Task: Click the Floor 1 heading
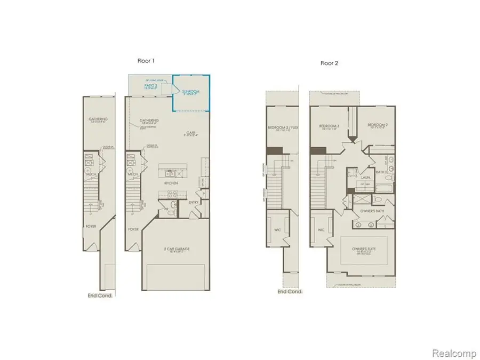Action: coord(145,61)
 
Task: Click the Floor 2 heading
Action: coord(329,62)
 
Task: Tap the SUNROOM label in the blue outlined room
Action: coord(190,92)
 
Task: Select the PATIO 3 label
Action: coord(153,86)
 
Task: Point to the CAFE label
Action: coord(190,133)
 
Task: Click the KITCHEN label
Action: coord(171,183)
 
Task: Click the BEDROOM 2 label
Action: coord(376,125)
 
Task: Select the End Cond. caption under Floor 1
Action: coord(100,295)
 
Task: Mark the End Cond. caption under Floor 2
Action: coord(290,292)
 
